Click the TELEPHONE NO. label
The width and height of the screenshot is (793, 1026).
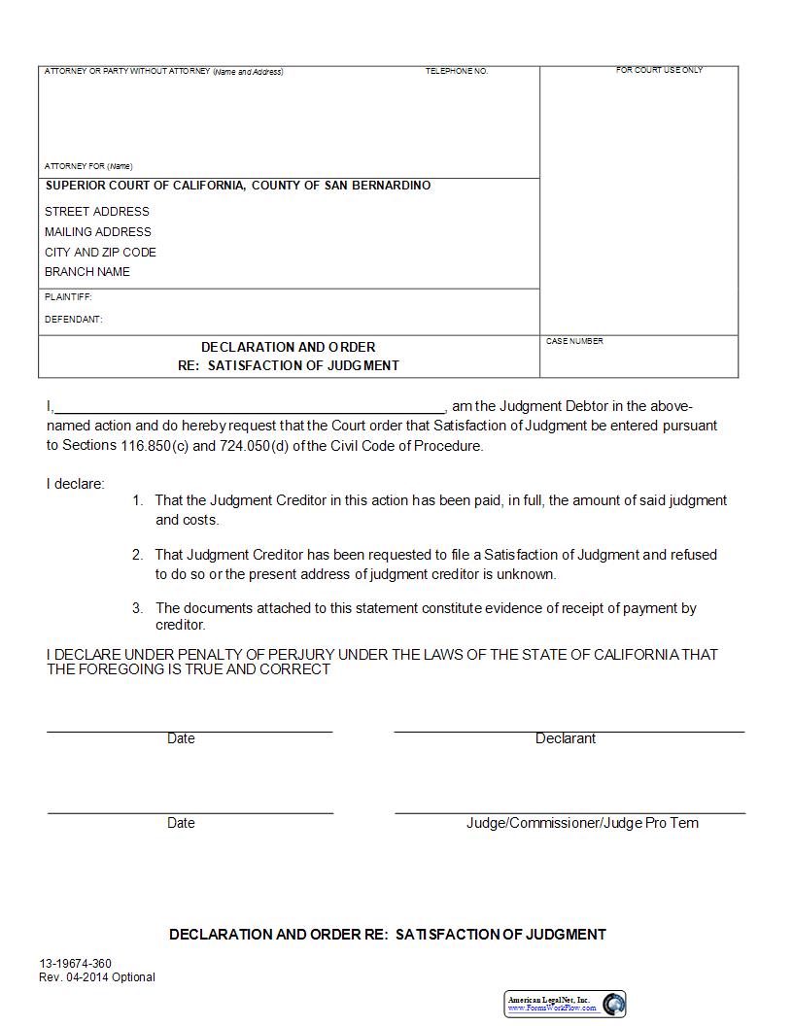click(x=456, y=72)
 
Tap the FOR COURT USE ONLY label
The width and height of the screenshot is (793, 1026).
click(x=659, y=71)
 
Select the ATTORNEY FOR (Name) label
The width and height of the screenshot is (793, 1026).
click(x=88, y=166)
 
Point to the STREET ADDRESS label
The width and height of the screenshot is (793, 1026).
click(x=97, y=212)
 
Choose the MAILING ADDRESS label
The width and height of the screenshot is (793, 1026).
click(x=98, y=232)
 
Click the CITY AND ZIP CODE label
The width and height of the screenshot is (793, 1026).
click(x=100, y=253)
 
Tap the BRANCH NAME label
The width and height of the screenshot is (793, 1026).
click(x=87, y=272)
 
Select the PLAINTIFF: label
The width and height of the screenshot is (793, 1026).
click(x=68, y=297)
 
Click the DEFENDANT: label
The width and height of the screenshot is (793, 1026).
click(x=73, y=320)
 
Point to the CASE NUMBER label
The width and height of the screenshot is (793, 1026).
click(x=574, y=342)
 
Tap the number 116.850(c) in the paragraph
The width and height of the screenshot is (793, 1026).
click(x=139, y=446)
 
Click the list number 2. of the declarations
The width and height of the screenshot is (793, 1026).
click(x=137, y=555)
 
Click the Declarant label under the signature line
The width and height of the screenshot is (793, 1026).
click(x=566, y=739)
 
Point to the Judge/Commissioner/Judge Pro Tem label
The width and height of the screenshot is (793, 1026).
click(x=582, y=823)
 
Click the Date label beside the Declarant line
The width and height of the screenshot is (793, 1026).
click(x=181, y=739)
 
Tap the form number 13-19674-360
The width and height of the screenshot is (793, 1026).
click(x=75, y=964)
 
